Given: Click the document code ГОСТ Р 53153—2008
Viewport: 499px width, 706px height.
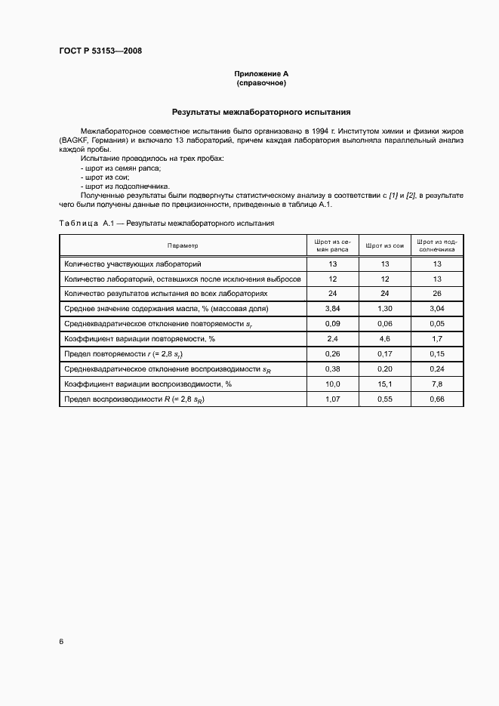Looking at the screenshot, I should point(100,51).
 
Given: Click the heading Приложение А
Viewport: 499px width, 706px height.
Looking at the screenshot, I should point(261,74).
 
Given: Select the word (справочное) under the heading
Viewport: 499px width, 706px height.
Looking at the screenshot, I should point(261,83).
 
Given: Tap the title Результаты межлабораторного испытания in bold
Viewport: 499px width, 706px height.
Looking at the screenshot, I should point(261,112).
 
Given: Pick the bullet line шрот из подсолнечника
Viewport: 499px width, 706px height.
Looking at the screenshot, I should point(125,186).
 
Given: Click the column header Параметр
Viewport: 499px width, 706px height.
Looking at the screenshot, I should point(183,246).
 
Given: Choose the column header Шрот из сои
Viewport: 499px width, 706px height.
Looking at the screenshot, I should point(385,246).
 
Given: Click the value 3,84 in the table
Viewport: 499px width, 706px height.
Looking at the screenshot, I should point(332,309).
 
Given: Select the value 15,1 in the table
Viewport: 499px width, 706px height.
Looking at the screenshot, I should point(385,384).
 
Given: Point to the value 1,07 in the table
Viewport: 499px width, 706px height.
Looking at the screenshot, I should point(332,399).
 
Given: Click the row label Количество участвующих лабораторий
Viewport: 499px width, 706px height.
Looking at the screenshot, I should point(133,264).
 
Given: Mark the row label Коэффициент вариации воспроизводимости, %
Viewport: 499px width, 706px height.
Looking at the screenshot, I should point(148,384).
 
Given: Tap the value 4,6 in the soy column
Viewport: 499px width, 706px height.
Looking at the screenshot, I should point(385,339).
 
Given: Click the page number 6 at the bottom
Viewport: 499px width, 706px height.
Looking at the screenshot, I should point(60,642).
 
